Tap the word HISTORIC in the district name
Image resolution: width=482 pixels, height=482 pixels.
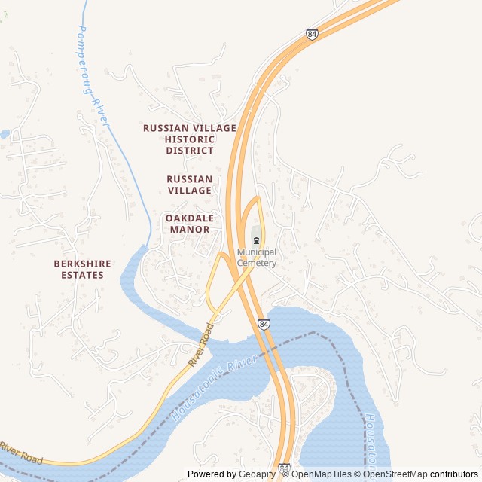click(190, 139)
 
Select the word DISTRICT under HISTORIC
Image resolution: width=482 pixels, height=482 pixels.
click(190, 151)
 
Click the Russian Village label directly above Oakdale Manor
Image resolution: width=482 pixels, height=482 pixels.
click(190, 185)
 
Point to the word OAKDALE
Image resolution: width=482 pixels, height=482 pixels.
click(190, 218)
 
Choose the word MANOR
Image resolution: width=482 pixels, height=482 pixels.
click(190, 229)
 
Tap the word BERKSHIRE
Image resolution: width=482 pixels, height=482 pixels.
click(82, 264)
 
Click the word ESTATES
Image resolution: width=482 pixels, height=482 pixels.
click(82, 275)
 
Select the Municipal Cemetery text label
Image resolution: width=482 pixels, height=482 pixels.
click(257, 258)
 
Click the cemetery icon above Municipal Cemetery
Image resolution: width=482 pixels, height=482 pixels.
click(257, 240)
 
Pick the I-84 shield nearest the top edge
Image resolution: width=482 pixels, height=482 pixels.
click(312, 34)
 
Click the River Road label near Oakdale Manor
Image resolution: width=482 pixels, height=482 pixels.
click(202, 345)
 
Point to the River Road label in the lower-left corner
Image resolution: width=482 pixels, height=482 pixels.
click(21, 454)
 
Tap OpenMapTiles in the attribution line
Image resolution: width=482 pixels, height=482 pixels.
click(322, 474)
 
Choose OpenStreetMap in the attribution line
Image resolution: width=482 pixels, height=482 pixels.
click(396, 474)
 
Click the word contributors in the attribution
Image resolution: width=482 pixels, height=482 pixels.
click(453, 474)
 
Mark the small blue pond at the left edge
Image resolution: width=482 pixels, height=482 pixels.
click(5, 134)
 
